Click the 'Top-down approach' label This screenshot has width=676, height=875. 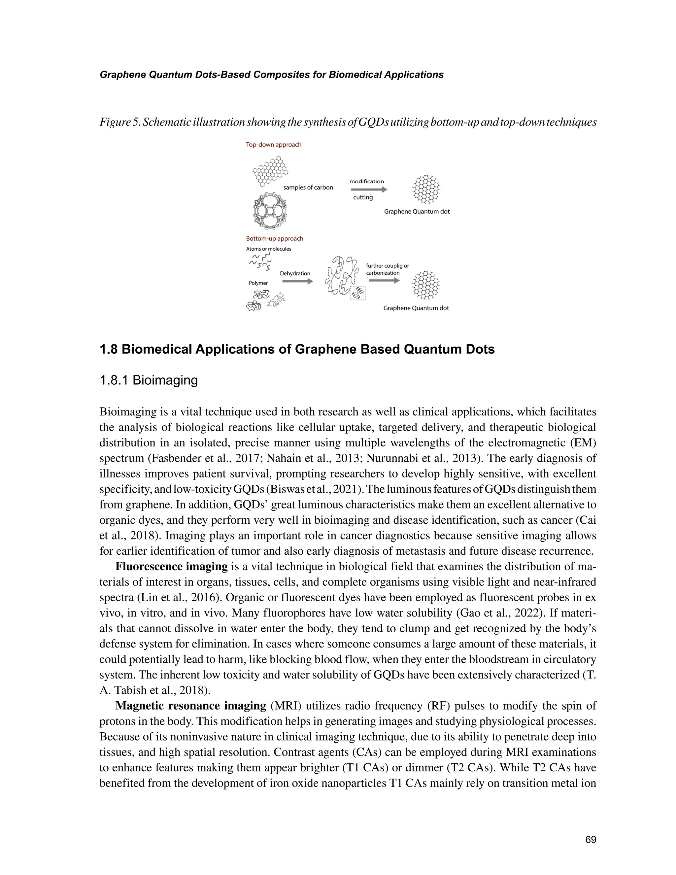tap(274, 145)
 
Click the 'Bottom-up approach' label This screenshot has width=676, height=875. tap(274, 238)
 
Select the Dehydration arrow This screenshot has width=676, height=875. tap(297, 281)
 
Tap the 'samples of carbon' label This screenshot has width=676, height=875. tap(308, 188)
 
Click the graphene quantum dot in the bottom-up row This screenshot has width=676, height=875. tap(426, 285)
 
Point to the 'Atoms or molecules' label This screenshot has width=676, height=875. tap(268, 249)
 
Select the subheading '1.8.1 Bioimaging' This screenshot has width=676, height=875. tap(149, 380)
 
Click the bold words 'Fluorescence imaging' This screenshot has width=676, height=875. tap(171, 567)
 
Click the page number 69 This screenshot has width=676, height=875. tap(590, 840)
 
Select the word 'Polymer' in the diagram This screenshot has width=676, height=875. tap(258, 283)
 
